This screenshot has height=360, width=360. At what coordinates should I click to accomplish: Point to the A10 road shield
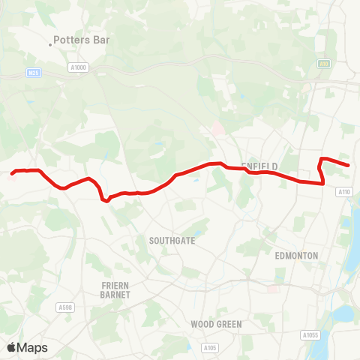(323, 64)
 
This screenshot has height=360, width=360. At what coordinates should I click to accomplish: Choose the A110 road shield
(343, 192)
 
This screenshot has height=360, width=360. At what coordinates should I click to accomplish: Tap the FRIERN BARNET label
(115, 290)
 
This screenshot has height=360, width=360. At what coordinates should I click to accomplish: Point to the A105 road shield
(210, 347)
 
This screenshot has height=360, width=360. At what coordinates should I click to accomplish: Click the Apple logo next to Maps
(11, 347)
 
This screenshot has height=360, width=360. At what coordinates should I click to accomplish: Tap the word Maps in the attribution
(32, 347)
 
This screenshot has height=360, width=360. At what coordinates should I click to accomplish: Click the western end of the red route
(12, 173)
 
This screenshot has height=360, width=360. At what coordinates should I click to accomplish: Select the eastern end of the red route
(349, 165)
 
